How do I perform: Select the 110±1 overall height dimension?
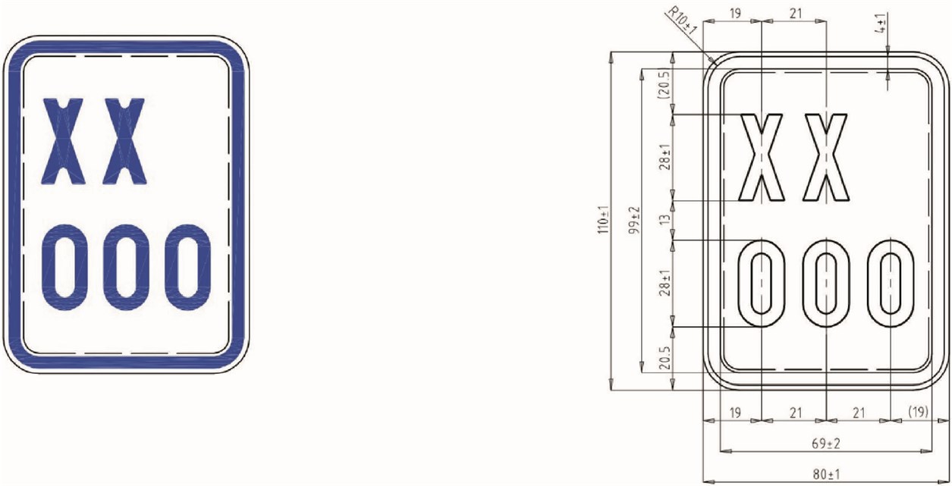(x=603, y=220)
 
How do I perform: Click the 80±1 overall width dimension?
(x=826, y=474)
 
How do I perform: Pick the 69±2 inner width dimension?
(x=826, y=444)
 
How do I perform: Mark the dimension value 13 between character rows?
(x=665, y=220)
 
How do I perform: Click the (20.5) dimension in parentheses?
(x=665, y=84)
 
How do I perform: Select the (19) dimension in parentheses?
(x=919, y=412)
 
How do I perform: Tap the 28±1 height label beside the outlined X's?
(x=665, y=157)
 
